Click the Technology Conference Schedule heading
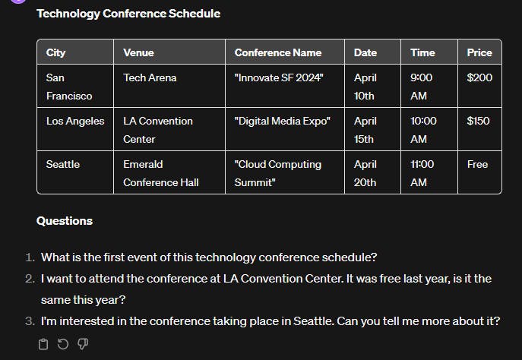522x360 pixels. pos(128,14)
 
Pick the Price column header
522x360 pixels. pos(479,52)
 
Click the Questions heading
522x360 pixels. pos(65,221)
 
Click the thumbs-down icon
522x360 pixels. pos(83,344)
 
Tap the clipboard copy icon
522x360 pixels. pos(43,344)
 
